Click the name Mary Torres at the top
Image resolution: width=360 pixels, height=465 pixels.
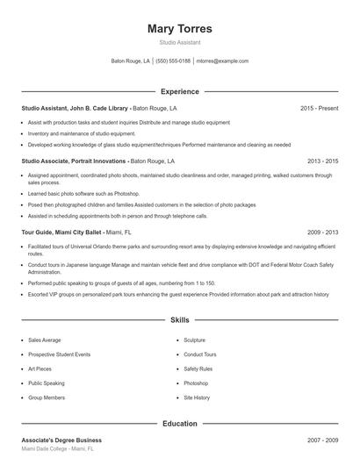click(180, 28)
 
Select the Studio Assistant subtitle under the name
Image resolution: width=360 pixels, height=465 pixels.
click(180, 42)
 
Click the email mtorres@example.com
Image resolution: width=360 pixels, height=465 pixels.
click(222, 61)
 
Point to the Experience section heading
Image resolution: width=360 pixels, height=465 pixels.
click(180, 91)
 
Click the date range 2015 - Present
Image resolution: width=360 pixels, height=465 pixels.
click(319, 108)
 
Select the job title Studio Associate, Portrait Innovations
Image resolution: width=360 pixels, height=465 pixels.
click(74, 161)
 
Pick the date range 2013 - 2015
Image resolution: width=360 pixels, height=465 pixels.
click(323, 161)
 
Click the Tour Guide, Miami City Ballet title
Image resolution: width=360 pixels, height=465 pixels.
click(62, 232)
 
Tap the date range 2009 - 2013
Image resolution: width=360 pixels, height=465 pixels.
click(323, 232)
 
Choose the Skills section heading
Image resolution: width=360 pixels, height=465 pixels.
click(180, 320)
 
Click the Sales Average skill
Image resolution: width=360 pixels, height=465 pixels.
click(45, 340)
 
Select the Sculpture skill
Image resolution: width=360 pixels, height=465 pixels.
click(195, 340)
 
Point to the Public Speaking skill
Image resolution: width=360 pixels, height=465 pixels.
click(47, 383)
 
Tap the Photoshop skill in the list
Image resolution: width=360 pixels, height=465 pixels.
click(196, 383)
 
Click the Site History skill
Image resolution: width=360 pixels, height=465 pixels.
click(197, 397)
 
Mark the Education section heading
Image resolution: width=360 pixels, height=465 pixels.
click(180, 424)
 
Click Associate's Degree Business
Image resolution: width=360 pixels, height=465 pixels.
click(61, 440)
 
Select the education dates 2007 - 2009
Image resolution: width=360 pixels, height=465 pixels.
click(323, 440)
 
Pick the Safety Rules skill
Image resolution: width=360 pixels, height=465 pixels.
click(198, 368)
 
